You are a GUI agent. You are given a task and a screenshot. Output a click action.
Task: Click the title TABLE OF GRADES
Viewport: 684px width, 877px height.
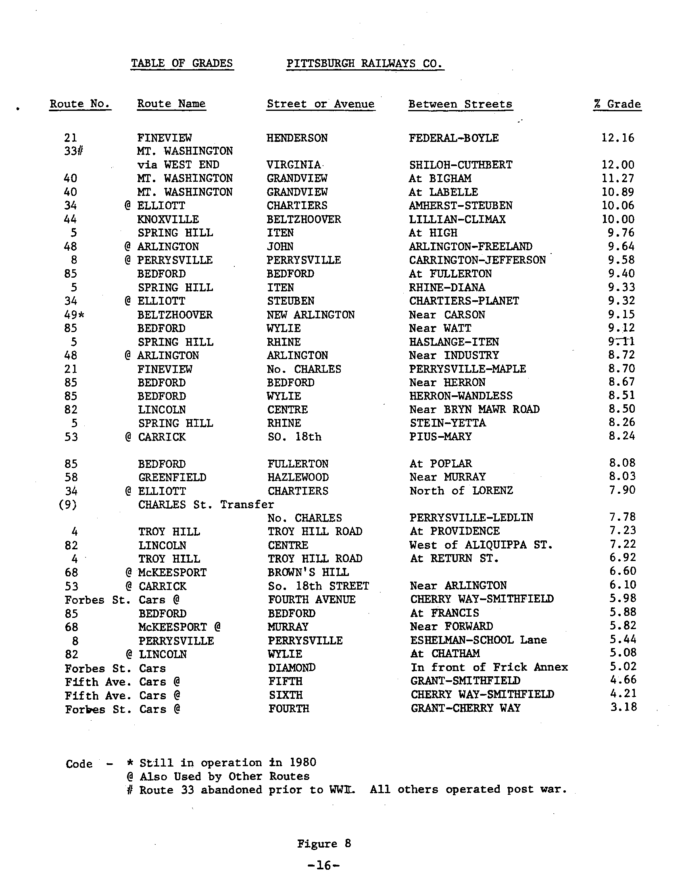tap(182, 63)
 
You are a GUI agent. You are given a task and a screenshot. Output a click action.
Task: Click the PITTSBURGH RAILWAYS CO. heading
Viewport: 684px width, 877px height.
tap(365, 63)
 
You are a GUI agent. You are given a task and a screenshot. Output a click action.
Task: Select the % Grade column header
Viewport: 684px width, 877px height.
tap(617, 104)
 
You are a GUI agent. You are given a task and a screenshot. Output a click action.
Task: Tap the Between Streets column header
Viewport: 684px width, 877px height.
tap(460, 104)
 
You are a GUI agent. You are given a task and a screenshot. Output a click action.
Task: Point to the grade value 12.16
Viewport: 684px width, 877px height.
tap(618, 138)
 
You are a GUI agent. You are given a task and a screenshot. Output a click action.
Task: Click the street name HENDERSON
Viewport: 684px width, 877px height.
tap(297, 138)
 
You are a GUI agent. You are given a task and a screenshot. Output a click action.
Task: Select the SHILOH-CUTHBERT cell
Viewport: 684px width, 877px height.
tap(461, 165)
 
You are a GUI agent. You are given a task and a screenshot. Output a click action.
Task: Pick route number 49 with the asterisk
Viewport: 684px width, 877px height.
tap(74, 315)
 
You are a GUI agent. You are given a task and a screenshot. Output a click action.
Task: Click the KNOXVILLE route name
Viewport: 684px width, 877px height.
tap(168, 219)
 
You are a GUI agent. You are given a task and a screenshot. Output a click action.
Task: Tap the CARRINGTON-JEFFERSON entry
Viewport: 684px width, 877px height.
tap(478, 260)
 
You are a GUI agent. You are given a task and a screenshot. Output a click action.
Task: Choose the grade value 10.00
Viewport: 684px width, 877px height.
tap(618, 219)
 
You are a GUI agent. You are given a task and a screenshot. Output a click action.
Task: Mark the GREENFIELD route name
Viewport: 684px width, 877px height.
tap(172, 478)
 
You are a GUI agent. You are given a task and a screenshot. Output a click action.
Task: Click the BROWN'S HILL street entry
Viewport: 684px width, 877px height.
tap(308, 572)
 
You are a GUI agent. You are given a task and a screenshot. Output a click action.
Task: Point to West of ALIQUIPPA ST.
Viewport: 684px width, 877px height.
tap(481, 545)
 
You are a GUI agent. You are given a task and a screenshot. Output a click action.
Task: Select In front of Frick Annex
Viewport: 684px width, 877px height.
tap(489, 667)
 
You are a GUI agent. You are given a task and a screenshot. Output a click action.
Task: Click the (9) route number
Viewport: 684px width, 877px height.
tap(68, 505)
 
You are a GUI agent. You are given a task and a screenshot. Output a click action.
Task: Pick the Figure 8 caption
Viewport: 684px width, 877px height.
tap(324, 844)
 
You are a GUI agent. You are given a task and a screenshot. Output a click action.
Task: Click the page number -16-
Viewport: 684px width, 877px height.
tap(323, 865)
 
